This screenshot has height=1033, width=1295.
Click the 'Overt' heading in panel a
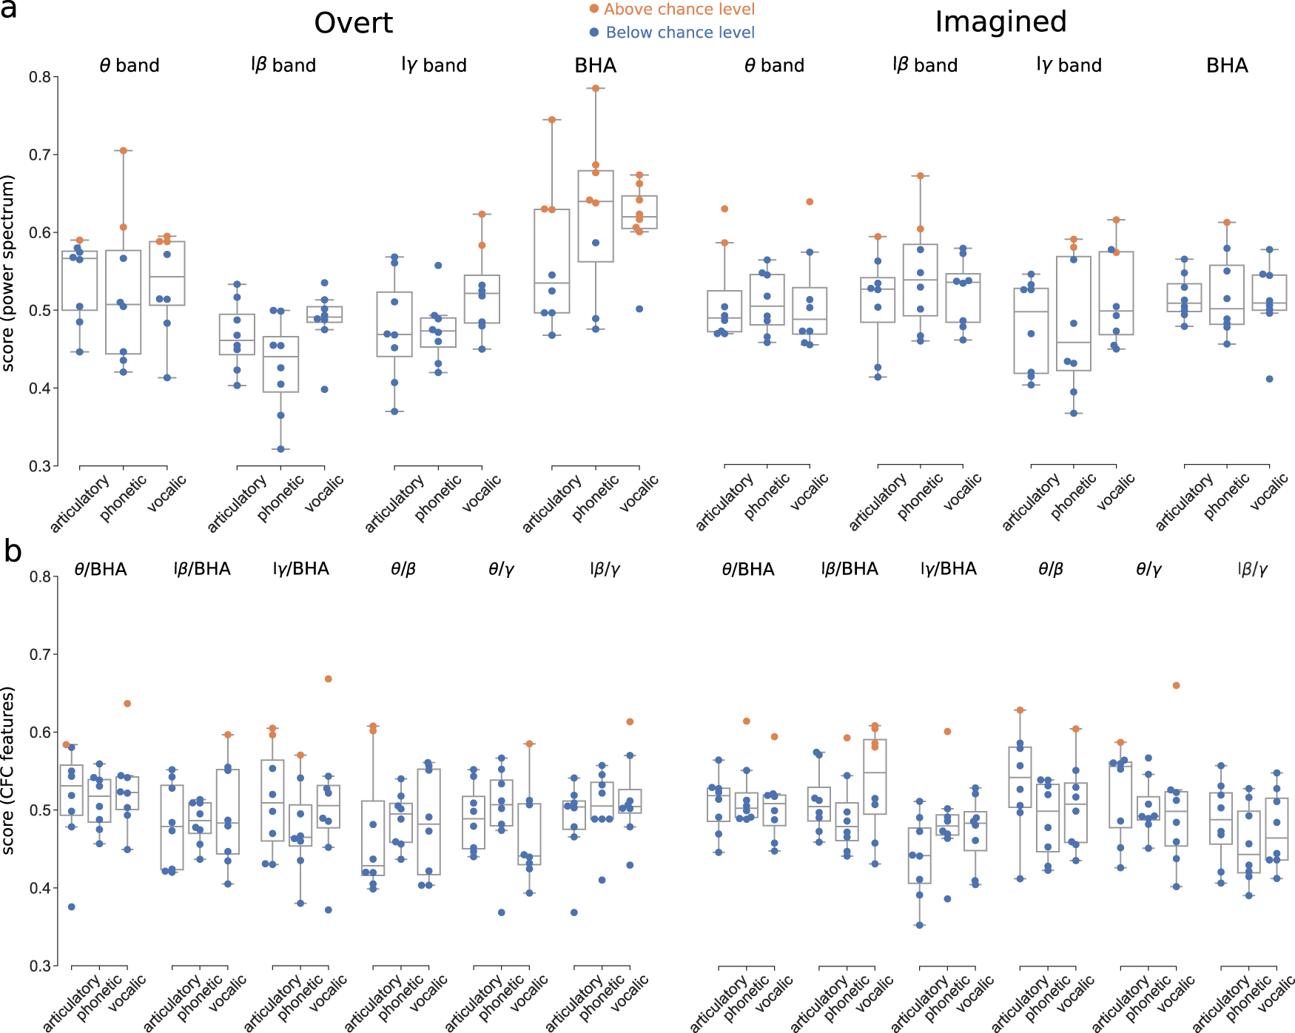(x=353, y=23)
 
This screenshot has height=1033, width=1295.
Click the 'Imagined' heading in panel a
(x=1000, y=22)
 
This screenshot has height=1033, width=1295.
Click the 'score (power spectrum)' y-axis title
(x=8, y=272)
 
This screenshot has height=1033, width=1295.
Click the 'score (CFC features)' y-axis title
(x=8, y=770)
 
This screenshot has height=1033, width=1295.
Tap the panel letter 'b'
(x=13, y=551)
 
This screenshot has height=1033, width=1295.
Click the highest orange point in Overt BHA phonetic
(x=596, y=88)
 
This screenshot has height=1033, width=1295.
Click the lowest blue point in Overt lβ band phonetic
(x=280, y=449)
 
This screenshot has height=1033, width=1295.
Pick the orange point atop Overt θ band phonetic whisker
(x=124, y=150)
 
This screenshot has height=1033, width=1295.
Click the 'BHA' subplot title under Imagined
(x=1226, y=66)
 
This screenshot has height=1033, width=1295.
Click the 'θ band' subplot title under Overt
(x=129, y=66)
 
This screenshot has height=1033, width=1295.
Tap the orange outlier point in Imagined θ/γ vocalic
(x=1177, y=685)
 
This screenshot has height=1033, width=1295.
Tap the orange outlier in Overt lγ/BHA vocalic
(x=329, y=679)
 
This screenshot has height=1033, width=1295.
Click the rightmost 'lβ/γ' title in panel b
(x=1252, y=569)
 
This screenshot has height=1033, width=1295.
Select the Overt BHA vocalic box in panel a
(x=639, y=212)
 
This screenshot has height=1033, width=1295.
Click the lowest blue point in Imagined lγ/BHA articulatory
(x=920, y=925)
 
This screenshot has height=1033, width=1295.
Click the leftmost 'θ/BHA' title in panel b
(x=101, y=569)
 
